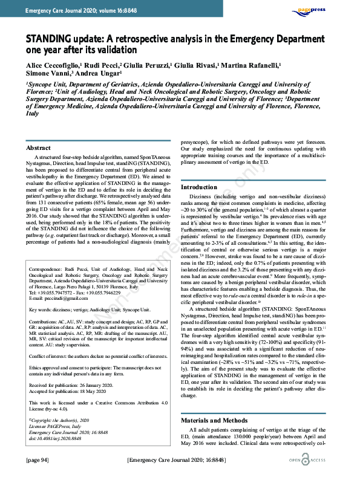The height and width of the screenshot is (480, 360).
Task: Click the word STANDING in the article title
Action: point(50,41)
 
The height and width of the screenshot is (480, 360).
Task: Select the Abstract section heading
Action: point(39,148)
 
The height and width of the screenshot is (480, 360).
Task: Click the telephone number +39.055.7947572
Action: point(59,310)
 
